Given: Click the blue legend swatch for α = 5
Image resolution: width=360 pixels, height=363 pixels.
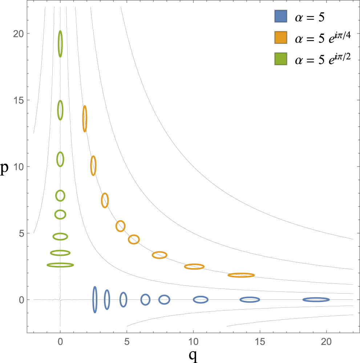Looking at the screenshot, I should [x=281, y=16].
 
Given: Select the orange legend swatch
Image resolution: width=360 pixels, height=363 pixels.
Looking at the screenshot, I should [x=281, y=37].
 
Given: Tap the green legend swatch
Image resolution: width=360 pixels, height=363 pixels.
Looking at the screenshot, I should [x=281, y=59].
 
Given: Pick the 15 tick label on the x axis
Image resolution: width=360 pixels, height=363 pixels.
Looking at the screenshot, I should [x=260, y=342].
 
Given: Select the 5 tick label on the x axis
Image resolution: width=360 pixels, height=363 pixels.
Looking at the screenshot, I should [x=127, y=342].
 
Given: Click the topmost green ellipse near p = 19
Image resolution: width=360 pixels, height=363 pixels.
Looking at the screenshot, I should [x=60, y=44].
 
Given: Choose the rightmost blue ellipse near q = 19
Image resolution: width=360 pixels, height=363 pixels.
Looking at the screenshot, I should [x=316, y=300].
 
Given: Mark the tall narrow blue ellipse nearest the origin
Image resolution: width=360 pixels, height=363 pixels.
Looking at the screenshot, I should [x=95, y=299].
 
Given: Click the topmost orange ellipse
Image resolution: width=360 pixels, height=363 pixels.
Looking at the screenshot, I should [x=85, y=118].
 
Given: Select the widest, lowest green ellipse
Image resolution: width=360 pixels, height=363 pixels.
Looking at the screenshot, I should [x=60, y=265].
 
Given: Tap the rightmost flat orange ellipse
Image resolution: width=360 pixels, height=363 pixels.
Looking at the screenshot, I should [x=241, y=275].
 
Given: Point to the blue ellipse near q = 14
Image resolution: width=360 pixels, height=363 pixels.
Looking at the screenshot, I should [x=250, y=300].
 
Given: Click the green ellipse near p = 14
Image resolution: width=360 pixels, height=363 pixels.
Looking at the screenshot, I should [x=60, y=110].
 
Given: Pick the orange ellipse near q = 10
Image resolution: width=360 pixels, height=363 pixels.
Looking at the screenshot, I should [x=194, y=266].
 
